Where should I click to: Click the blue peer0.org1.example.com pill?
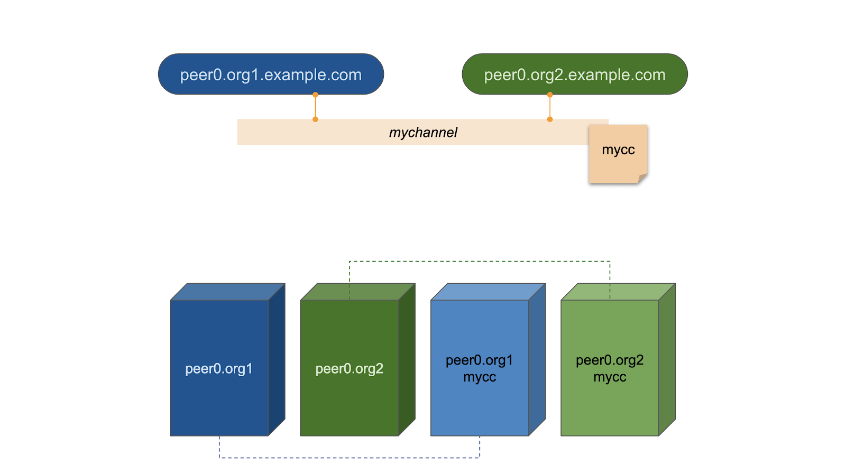(x=271, y=75)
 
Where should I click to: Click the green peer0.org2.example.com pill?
(x=575, y=75)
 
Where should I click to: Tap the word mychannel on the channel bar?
(x=423, y=133)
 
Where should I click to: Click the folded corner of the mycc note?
(x=642, y=178)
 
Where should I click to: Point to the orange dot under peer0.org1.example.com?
(x=315, y=95)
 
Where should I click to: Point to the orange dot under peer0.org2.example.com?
(x=550, y=95)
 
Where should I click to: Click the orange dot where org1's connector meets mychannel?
(x=315, y=119)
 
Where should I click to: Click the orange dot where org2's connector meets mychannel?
(x=550, y=119)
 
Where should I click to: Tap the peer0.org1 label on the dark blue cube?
(x=219, y=369)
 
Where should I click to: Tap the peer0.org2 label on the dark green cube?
(x=349, y=369)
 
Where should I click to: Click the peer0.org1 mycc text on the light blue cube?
(x=479, y=368)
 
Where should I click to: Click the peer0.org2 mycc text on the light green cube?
(x=610, y=368)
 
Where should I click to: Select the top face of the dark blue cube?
(x=227, y=292)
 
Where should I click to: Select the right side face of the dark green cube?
(x=407, y=359)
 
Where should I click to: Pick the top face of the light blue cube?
(x=488, y=292)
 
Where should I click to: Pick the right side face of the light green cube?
(x=667, y=359)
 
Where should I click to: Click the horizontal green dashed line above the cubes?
(x=479, y=261)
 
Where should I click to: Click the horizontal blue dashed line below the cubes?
(x=349, y=458)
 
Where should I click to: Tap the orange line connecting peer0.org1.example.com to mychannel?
(x=315, y=107)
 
